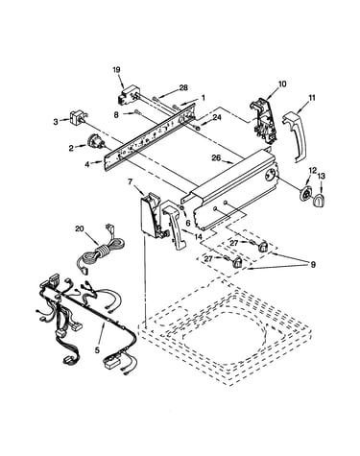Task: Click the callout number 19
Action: [116, 69]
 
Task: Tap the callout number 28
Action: [183, 87]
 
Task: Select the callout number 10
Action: [282, 84]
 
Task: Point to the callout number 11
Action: [312, 97]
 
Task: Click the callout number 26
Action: [216, 157]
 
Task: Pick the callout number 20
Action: [80, 228]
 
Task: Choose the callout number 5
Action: [97, 350]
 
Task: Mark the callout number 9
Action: [312, 265]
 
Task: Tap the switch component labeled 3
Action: [79, 117]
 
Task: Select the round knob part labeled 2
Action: [95, 141]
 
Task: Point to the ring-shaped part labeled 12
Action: [306, 194]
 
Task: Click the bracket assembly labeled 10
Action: [264, 121]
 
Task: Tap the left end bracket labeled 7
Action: [153, 215]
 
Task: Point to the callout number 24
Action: [217, 117]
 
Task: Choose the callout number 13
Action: [321, 176]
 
